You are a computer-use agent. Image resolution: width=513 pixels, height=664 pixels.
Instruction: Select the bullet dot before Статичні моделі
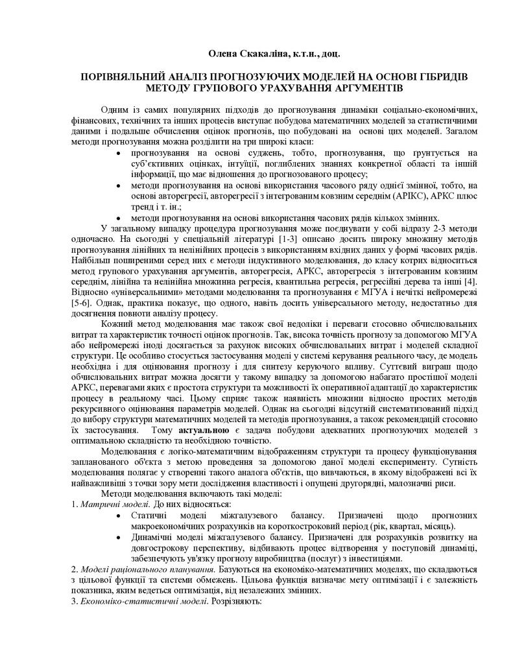click(117, 515)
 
